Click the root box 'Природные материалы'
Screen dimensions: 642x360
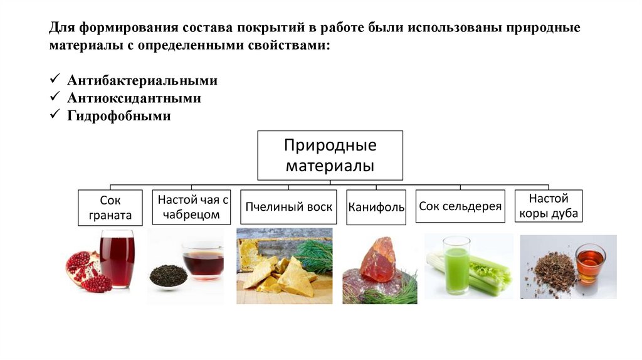[330, 155]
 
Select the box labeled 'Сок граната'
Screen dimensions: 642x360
[110, 208]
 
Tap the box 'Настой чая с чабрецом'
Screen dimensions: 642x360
[191, 207]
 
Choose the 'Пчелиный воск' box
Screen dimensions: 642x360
[289, 207]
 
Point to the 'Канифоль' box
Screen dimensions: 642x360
[376, 207]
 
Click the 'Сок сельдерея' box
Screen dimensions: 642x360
[460, 206]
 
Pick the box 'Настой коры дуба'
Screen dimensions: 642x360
[549, 206]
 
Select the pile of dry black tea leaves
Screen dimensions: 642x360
[168, 275]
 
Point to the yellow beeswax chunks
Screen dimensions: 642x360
[279, 276]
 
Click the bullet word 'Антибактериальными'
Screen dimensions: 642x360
[143, 81]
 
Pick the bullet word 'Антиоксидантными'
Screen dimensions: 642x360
[135, 98]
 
